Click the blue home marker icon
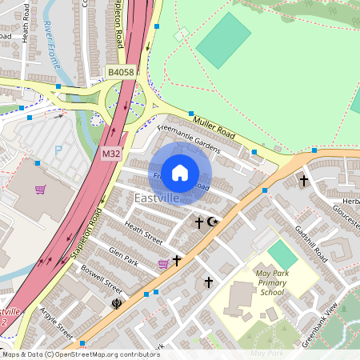[x=180, y=172]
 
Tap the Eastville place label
[x=157, y=198]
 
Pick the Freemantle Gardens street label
[x=188, y=134]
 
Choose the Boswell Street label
[x=103, y=280]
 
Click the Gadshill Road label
[x=311, y=239]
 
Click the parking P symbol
[x=58, y=150]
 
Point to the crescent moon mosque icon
[x=212, y=222]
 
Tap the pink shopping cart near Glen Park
[x=163, y=263]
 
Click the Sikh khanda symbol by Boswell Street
[x=115, y=304]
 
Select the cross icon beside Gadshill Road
[x=303, y=182]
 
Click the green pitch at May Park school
[x=282, y=255]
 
